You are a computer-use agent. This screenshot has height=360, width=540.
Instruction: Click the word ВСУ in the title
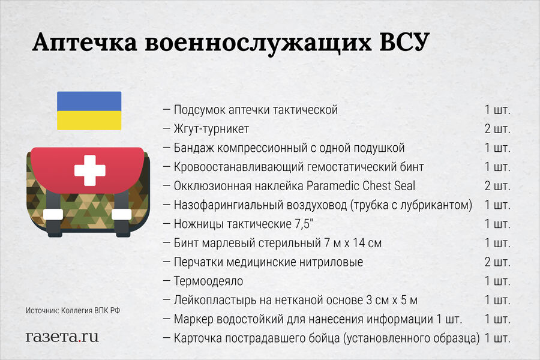point(404,43)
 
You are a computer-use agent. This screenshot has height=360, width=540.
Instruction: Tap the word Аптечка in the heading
point(85,43)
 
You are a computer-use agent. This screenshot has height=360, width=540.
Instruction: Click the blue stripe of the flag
point(89,101)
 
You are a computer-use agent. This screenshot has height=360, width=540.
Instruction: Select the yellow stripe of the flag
point(89,121)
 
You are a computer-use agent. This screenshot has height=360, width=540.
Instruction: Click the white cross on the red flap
point(90,170)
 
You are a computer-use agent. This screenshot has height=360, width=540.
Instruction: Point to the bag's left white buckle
point(53,214)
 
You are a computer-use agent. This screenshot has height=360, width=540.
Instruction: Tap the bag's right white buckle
point(121,214)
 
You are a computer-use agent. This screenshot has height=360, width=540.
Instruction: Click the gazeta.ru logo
point(62,337)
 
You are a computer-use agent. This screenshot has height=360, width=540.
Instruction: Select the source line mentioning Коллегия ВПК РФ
point(73,310)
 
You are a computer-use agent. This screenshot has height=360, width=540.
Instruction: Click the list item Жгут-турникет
point(211,129)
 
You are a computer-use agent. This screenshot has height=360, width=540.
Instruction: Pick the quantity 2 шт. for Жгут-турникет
point(497,129)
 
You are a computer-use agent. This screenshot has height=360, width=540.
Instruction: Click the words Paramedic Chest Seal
point(361,186)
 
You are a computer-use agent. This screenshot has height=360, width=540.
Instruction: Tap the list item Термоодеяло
point(208,281)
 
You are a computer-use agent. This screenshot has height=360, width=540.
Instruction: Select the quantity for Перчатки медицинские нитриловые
point(497,262)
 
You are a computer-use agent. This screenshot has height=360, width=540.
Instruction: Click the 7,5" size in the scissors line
point(304,224)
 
